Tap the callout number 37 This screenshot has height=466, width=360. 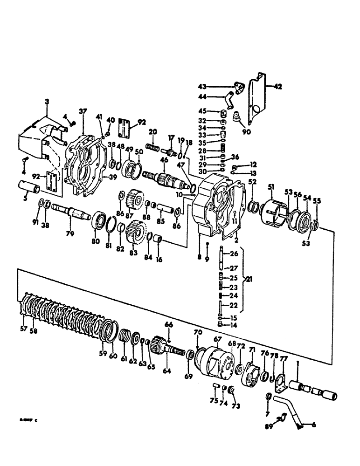83,111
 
